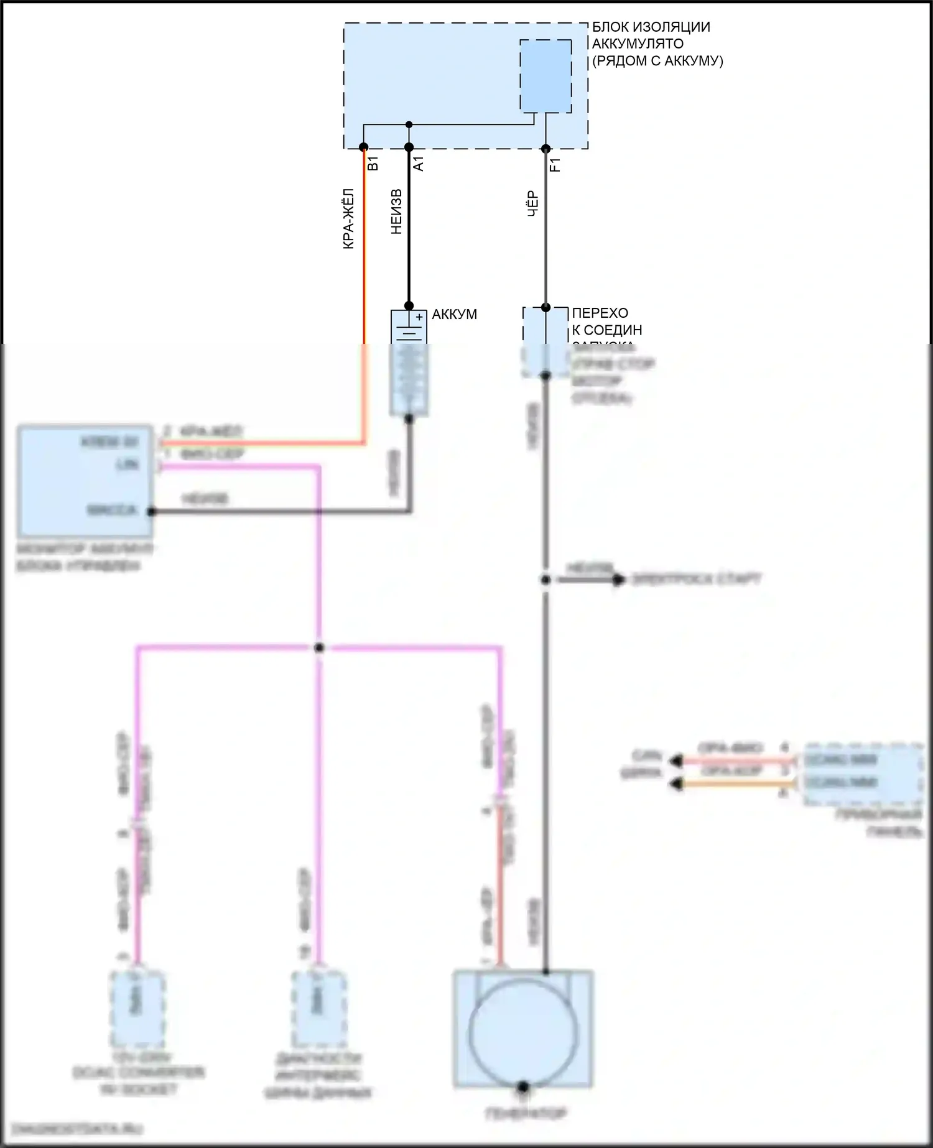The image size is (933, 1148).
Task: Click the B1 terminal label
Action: tap(373, 164)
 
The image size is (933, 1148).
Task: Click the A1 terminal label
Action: tap(419, 164)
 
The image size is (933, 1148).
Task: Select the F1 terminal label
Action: tap(555, 164)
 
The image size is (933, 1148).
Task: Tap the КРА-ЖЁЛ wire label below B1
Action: tap(349, 219)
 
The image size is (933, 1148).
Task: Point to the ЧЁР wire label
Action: tap(533, 204)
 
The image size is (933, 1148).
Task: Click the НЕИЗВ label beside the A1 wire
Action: tap(396, 211)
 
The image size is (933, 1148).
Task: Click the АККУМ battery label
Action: tap(454, 315)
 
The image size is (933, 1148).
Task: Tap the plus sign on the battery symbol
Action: tap(419, 317)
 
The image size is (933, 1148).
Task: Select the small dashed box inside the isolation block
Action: tap(545, 76)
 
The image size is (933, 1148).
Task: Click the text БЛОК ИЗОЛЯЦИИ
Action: tap(651, 27)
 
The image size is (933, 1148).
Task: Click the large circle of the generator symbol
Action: tap(524, 1032)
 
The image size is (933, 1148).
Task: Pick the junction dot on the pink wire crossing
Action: tap(319, 648)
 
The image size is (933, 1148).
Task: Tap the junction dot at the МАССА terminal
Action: tap(151, 511)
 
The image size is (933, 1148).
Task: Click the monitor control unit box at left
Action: tap(85, 481)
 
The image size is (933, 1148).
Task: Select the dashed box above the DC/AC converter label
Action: tap(137, 1009)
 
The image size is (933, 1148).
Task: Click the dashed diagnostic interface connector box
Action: tap(319, 1009)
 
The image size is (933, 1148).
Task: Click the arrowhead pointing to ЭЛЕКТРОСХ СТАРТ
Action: tap(618, 580)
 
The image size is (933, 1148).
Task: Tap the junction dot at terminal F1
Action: tap(545, 149)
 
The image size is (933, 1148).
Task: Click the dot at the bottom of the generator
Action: tap(523, 1087)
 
